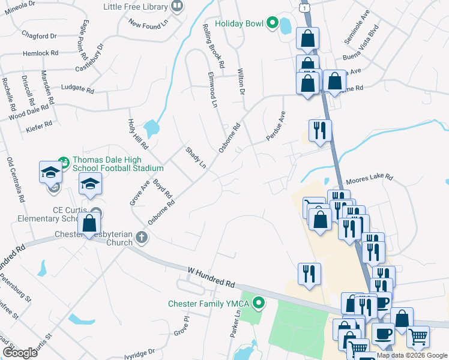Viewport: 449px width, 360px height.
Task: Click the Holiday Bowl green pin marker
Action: (x=272, y=24)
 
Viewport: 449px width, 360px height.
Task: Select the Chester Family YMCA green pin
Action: (x=259, y=302)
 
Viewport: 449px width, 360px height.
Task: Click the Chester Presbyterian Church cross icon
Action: (x=142, y=237)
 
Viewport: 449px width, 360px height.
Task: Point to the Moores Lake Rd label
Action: (x=369, y=179)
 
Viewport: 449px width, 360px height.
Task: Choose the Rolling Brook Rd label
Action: (x=214, y=46)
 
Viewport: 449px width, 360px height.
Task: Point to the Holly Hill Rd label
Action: (x=137, y=133)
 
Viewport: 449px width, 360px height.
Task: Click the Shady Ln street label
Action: (x=196, y=157)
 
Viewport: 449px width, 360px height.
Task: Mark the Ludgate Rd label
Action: (x=77, y=89)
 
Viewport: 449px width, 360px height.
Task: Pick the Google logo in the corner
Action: (x=20, y=353)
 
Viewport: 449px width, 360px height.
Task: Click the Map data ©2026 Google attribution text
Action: (x=412, y=355)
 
